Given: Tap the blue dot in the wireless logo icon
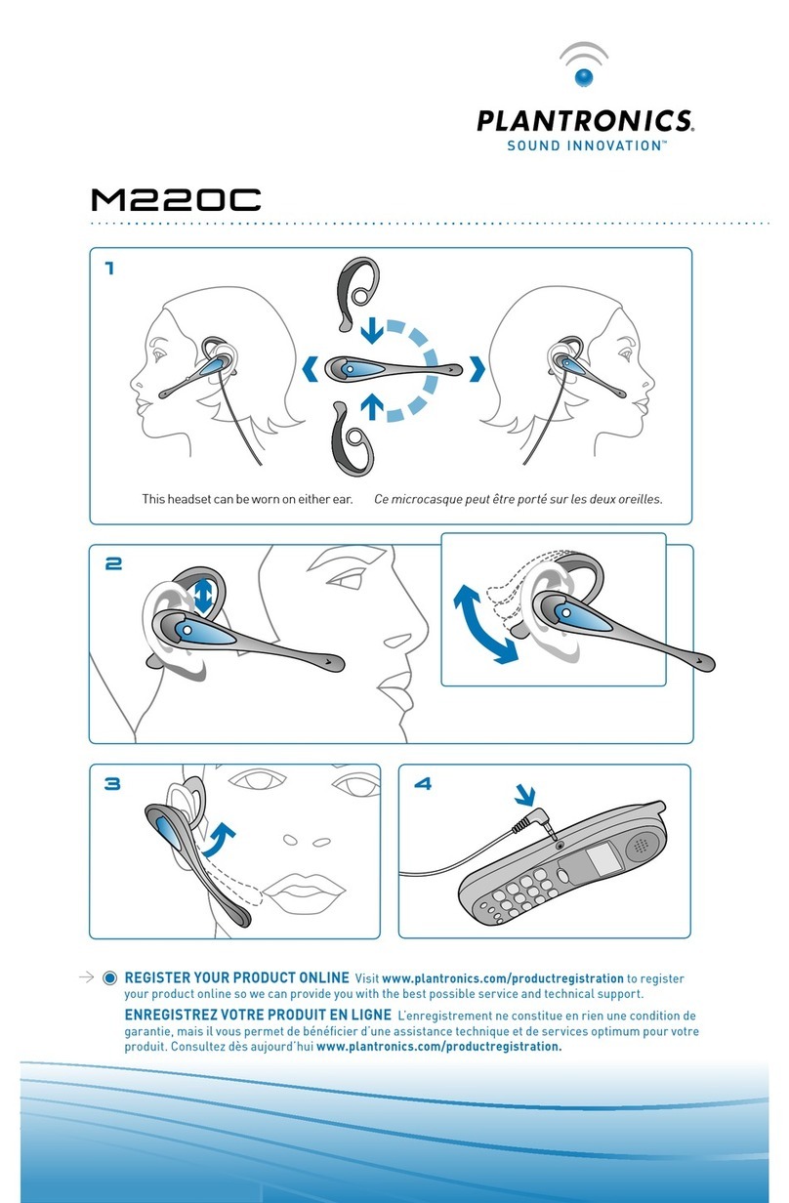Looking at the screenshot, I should click(x=583, y=77).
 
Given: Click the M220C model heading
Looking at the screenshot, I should click(x=176, y=201).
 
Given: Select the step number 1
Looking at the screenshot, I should click(x=109, y=269).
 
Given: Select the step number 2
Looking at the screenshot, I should click(x=111, y=563).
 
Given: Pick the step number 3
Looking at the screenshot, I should click(x=111, y=782).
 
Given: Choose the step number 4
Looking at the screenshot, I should click(x=422, y=782).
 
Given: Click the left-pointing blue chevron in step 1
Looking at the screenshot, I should click(x=310, y=369).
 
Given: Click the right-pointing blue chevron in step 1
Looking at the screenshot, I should click(x=477, y=369).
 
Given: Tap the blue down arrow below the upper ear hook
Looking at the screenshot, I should click(x=371, y=332).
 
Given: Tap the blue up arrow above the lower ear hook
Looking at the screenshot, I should click(x=371, y=403).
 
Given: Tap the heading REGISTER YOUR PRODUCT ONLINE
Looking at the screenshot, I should click(x=237, y=977).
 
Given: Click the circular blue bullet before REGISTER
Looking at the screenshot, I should click(x=109, y=978).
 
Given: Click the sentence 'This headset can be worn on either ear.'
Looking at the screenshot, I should click(x=246, y=499).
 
